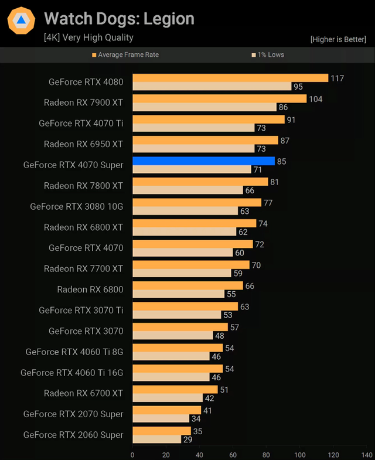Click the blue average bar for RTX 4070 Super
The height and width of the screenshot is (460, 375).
pos(203,161)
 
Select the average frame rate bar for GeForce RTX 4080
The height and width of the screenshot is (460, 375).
pos(230,78)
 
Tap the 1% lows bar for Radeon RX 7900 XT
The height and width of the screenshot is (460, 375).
pos(204,107)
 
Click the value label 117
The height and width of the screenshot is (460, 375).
pos(337,78)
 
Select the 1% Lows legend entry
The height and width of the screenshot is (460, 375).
pos(269,54)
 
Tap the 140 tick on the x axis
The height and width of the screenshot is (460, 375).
pos(367,454)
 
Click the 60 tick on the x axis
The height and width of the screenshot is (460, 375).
pos(233,454)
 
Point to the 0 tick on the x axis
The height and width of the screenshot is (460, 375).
pos(132,454)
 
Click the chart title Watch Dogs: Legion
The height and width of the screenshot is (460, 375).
pos(119,19)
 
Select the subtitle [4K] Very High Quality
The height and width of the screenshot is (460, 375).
pos(88,38)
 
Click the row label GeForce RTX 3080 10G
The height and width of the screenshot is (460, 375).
pos(77,206)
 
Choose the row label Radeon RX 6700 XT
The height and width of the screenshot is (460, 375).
pos(83,393)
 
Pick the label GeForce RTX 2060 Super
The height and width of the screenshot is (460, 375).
pos(73,435)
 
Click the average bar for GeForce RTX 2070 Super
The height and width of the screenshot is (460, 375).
pos(166,410)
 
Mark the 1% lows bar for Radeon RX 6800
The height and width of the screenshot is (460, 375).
pos(179,294)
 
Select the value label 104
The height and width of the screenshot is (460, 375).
pos(315,99)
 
